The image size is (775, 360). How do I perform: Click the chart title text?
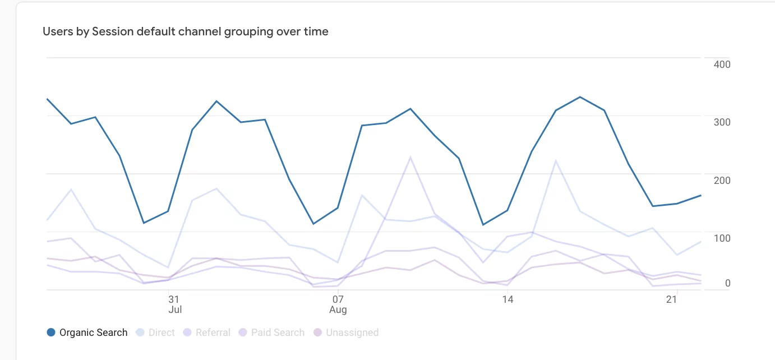coord(186,31)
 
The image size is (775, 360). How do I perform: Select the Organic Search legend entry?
coord(93,333)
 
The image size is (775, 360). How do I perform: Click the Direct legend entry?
coord(162,333)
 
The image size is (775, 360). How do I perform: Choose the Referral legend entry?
coord(213,333)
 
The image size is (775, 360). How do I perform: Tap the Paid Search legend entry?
coord(278,333)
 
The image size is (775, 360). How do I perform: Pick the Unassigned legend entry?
coord(352,333)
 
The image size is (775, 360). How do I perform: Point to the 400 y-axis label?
coord(722,64)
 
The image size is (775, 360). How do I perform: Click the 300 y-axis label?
coord(722,122)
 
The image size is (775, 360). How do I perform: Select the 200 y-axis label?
coord(722,180)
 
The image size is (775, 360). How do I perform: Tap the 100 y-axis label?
coord(722,238)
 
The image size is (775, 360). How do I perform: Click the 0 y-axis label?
coord(727,283)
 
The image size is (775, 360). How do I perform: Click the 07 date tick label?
coord(338,299)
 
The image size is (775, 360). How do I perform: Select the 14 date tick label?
coord(508,299)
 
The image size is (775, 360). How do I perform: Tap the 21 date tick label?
coord(671,299)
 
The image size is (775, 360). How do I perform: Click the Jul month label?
coord(174,310)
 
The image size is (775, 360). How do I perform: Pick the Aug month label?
coord(338,310)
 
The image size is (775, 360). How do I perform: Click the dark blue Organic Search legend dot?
coord(51,333)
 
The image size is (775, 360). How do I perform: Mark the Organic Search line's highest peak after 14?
coord(580,97)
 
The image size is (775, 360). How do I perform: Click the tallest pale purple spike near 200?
coord(410,157)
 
